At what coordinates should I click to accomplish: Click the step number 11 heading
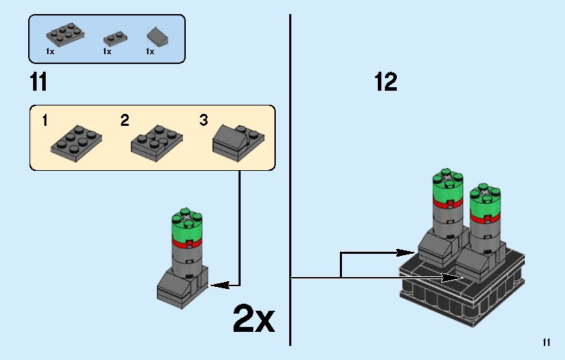point(39,83)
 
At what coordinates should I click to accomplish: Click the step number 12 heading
point(386,83)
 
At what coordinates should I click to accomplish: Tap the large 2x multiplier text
point(253,320)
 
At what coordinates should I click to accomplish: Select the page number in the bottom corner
point(547,343)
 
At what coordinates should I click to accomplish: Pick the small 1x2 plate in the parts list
point(115,38)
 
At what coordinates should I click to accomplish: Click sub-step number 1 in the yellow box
point(45,120)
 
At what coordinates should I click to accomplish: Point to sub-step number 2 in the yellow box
point(125,120)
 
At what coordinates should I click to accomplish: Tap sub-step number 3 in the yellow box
point(203,120)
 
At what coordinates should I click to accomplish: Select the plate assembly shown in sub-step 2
point(157,141)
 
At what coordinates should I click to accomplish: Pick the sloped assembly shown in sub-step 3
point(238,139)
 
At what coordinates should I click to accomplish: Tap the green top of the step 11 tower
point(186,225)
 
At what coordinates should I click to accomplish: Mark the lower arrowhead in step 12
point(458,278)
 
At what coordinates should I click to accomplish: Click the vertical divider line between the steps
point(290,176)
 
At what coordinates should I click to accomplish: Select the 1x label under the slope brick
point(150,52)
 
